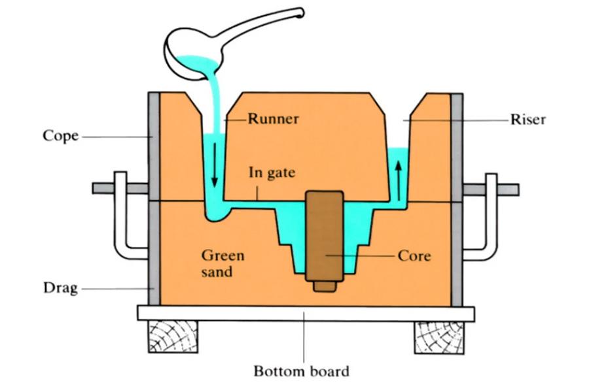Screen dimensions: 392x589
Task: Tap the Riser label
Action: pyautogui.click(x=527, y=120)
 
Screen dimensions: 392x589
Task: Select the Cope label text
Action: pyautogui.click(x=60, y=136)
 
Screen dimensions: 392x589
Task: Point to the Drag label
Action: pyautogui.click(x=60, y=287)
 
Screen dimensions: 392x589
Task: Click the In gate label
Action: pyautogui.click(x=272, y=173)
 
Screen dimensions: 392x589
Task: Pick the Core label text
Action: pyautogui.click(x=414, y=255)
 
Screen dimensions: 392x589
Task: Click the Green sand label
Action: pyautogui.click(x=217, y=263)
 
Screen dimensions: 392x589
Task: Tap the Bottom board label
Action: pyautogui.click(x=301, y=372)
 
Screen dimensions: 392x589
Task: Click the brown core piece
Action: pyautogui.click(x=324, y=235)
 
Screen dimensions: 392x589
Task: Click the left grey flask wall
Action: pyautogui.click(x=154, y=196)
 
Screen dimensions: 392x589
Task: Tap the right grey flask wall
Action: pyautogui.click(x=457, y=196)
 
